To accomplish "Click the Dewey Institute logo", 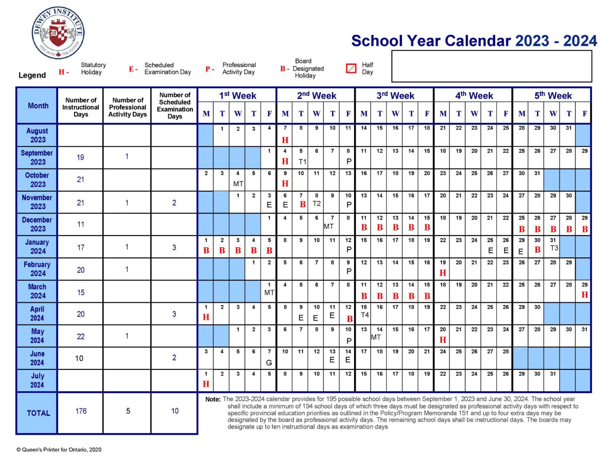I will pyautogui.click(x=58, y=33).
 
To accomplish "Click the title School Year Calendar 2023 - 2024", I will pyautogui.click(x=474, y=41).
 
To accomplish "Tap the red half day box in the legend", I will pyautogui.click(x=351, y=68).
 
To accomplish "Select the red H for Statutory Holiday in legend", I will pyautogui.click(x=61, y=72).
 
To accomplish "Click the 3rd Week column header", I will pyautogui.click(x=395, y=96).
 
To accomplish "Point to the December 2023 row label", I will pyautogui.click(x=37, y=224).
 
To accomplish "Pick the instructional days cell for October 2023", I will pyautogui.click(x=81, y=180).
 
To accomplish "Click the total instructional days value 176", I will pyautogui.click(x=81, y=411).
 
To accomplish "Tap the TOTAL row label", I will pyautogui.click(x=38, y=413).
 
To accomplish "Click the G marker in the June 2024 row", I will pyautogui.click(x=269, y=363).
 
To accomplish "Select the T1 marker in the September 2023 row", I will pyautogui.click(x=302, y=162).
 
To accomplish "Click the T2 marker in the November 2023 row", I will pyautogui.click(x=316, y=204).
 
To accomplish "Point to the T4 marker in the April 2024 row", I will pyautogui.click(x=364, y=315).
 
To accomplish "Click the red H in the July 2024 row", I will pyautogui.click(x=206, y=384).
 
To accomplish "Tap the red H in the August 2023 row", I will pyautogui.click(x=285, y=140).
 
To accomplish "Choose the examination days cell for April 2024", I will pyautogui.click(x=174, y=314).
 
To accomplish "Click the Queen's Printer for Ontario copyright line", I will pyautogui.click(x=59, y=450).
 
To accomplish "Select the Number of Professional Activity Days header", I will pyautogui.click(x=128, y=107).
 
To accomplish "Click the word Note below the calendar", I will pyautogui.click(x=213, y=399).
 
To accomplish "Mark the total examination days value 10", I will pyautogui.click(x=175, y=411).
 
